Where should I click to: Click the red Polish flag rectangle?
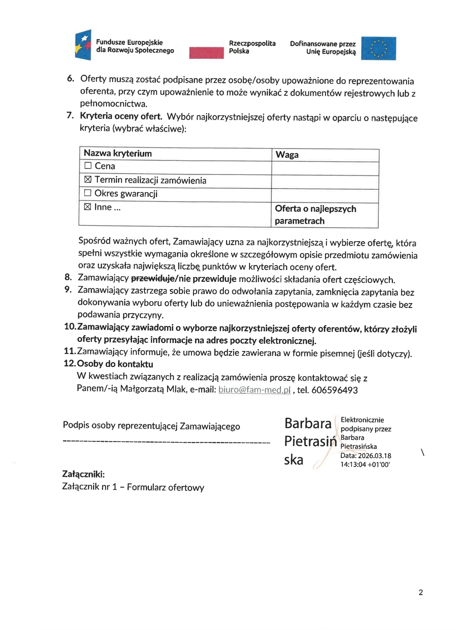[x=206, y=53]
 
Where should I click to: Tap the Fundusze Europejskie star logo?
[x=83, y=45]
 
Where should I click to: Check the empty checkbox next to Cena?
[x=88, y=166]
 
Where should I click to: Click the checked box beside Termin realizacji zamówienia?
[x=88, y=179]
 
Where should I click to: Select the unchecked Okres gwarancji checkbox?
[x=87, y=193]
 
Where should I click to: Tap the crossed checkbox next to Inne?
[x=87, y=207]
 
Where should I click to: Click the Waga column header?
[x=287, y=155]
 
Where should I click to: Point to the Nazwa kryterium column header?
[x=118, y=153]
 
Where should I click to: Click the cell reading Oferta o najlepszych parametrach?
[x=315, y=215]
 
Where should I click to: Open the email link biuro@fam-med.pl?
[x=254, y=390]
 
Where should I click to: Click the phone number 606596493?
[x=334, y=390]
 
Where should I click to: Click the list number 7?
[x=70, y=115]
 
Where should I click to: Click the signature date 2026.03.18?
[x=374, y=456]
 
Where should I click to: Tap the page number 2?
[x=420, y=593]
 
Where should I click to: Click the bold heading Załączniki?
[x=83, y=474]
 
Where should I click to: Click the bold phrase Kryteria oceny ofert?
[x=121, y=116]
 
